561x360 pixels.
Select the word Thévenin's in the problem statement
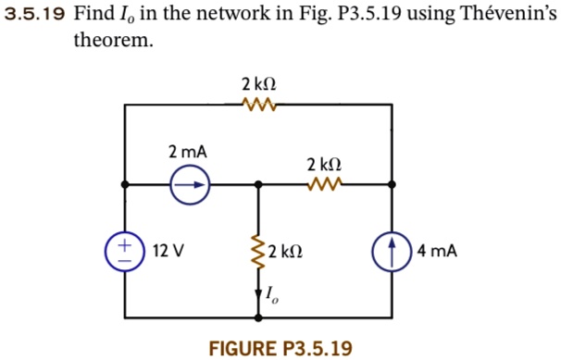point(504,17)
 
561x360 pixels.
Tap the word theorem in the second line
point(112,43)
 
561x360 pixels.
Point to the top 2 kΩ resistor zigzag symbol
point(257,106)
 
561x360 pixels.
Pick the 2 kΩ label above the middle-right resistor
point(324,164)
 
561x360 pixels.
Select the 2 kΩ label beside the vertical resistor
point(283,251)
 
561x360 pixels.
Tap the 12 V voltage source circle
point(124,251)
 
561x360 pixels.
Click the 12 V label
point(168,251)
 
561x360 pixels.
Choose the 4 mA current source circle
point(392,251)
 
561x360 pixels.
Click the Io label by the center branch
point(272,296)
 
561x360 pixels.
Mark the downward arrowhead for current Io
point(258,292)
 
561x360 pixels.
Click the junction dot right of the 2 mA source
point(258,184)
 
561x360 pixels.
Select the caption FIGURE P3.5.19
point(280,348)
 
